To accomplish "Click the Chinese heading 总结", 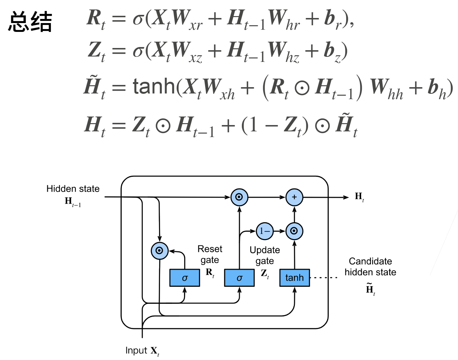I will click(x=30, y=21).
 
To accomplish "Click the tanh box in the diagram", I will click(x=294, y=278).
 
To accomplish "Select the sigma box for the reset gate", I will click(x=185, y=278).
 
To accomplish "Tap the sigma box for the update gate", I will click(x=239, y=278).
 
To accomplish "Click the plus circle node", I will click(x=294, y=197).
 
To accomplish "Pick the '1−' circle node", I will click(x=265, y=231).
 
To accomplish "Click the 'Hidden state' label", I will click(x=73, y=189).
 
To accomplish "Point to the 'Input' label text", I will click(x=136, y=351).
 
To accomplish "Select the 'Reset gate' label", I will click(x=210, y=254).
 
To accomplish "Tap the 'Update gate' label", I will click(x=265, y=255).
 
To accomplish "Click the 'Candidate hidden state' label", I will click(x=370, y=267).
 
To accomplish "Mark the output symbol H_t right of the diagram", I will click(x=359, y=197).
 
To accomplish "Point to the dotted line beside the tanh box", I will click(x=324, y=278).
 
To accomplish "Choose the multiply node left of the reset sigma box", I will click(x=159, y=251).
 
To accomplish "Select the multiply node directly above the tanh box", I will click(x=294, y=231).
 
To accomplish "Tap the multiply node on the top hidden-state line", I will click(x=239, y=197).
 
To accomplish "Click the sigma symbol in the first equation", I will click(x=138, y=19).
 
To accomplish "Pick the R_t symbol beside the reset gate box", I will click(x=210, y=273).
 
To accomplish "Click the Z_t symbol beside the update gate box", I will click(x=265, y=273).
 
